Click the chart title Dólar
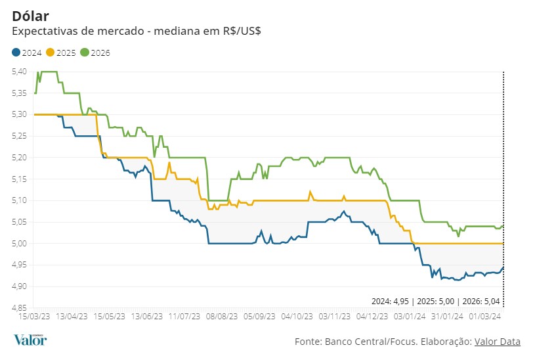(x=31, y=16)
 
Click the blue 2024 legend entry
(x=28, y=53)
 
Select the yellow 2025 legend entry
(x=62, y=53)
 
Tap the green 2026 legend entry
(x=96, y=53)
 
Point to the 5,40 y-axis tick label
(x=19, y=71)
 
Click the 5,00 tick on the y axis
(x=19, y=243)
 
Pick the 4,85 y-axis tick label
(x=19, y=307)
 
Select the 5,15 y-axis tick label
(x=19, y=179)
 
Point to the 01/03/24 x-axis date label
(x=484, y=316)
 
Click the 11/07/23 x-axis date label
(x=184, y=316)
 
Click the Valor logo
(x=30, y=340)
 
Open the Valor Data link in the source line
(x=497, y=342)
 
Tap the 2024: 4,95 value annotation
(x=391, y=302)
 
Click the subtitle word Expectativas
(x=45, y=31)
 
